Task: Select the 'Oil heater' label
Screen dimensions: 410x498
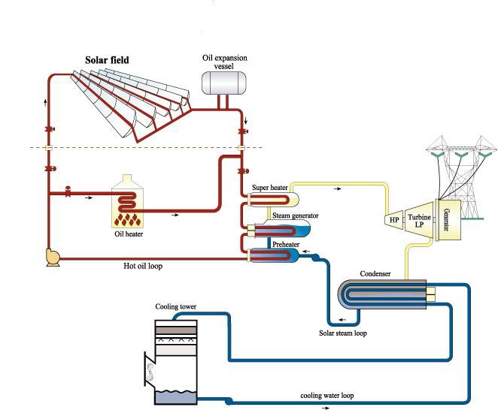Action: [124, 234]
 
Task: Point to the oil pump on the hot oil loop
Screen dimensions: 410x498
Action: [53, 258]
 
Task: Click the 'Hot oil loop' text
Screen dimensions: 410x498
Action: [143, 266]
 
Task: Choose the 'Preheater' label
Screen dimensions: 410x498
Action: [286, 243]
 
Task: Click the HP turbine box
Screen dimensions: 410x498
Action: [394, 220]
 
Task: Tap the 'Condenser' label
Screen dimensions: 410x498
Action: [375, 273]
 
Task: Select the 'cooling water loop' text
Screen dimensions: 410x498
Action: [328, 395]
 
